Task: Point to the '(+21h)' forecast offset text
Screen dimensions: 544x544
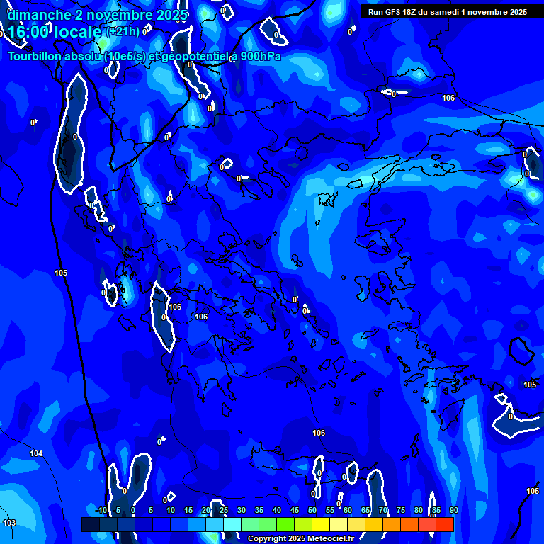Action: point(121,32)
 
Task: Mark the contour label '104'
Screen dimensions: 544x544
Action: point(36,453)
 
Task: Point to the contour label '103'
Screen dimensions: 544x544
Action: point(8,523)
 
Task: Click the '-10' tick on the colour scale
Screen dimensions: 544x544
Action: point(101,510)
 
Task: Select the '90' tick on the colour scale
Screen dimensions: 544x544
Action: point(453,510)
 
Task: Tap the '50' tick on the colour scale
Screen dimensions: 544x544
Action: point(312,510)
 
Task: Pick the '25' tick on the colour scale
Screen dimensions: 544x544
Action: point(223,510)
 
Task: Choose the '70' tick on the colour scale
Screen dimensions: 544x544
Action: point(382,510)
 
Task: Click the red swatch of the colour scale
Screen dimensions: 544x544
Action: point(444,524)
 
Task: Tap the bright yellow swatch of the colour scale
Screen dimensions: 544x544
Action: point(320,524)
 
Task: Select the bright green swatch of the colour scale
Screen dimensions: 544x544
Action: point(285,524)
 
